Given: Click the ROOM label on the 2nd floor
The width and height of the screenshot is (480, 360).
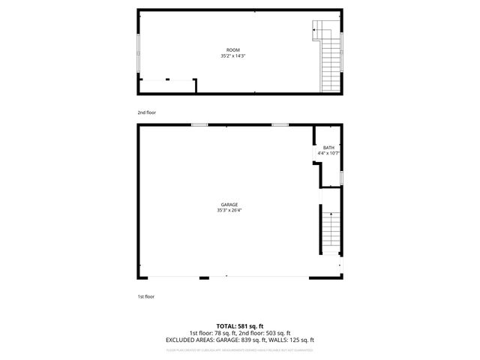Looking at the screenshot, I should coord(233,49).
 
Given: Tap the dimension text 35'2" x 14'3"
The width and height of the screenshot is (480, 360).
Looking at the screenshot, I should coord(233,55).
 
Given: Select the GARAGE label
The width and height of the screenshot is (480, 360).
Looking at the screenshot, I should coord(229,204).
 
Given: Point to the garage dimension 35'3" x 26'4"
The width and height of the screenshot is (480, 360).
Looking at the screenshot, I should coord(229,210).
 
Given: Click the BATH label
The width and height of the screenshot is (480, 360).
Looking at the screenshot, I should coord(328,148).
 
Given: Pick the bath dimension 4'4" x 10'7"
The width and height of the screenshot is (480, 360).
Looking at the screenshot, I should coord(328,154).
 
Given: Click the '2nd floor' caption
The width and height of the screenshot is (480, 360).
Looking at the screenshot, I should coord(146,112).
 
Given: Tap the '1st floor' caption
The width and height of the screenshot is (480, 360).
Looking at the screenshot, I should coord(145,297).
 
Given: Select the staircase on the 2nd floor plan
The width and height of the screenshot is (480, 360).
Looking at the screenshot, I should coord(329,60).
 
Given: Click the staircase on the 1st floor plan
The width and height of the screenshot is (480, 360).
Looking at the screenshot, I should coord(330,232).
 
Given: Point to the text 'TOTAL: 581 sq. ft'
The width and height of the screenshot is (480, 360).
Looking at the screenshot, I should coord(239,325).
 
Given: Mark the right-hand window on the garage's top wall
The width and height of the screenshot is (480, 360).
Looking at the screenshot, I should coord(280,124).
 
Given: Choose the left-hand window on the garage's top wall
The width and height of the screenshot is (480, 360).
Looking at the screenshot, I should coord(199,124).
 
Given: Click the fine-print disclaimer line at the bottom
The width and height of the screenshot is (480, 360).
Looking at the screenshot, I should coord(239,349).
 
